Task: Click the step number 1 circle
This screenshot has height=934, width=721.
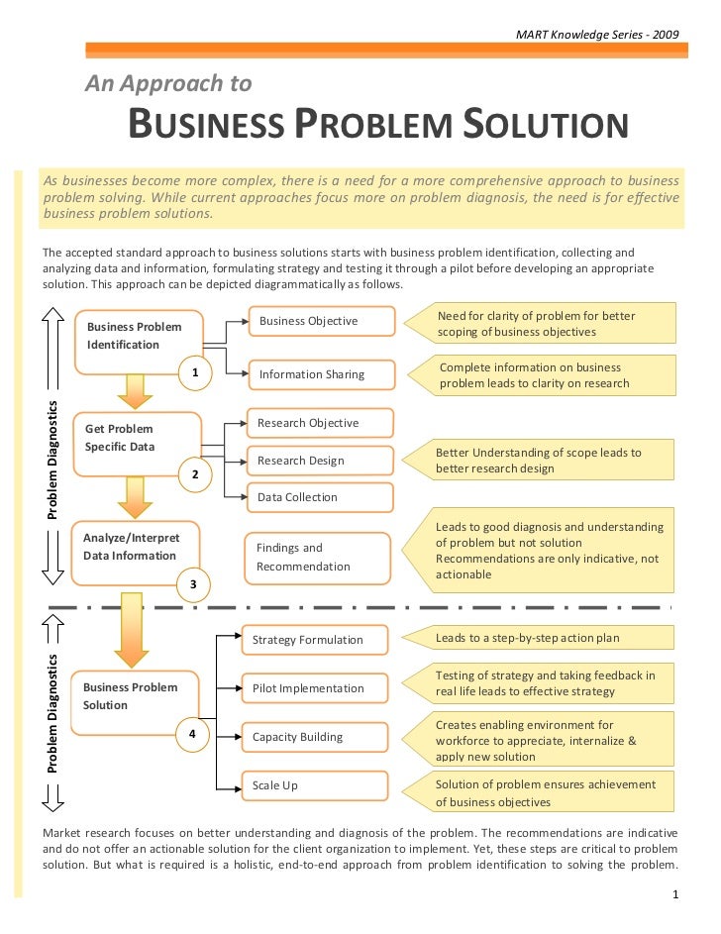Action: click(196, 372)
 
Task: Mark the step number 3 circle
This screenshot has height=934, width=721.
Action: click(193, 585)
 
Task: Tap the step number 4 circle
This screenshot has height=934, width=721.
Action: click(192, 734)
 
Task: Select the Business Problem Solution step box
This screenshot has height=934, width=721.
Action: click(137, 697)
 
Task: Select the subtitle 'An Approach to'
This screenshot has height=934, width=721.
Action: click(167, 84)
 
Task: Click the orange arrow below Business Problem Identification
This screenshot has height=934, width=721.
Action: click(133, 390)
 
